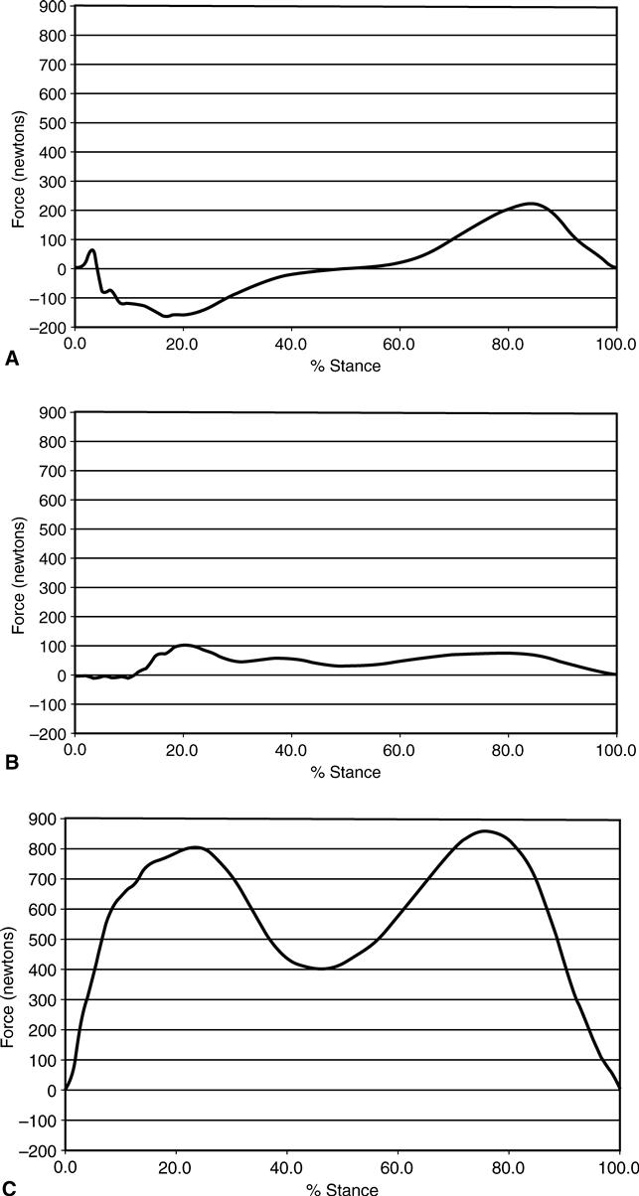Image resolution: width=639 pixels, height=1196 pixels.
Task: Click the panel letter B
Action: click(12, 764)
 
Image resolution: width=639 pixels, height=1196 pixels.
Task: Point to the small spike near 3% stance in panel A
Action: click(92, 250)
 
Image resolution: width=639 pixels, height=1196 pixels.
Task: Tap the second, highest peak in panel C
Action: click(485, 830)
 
